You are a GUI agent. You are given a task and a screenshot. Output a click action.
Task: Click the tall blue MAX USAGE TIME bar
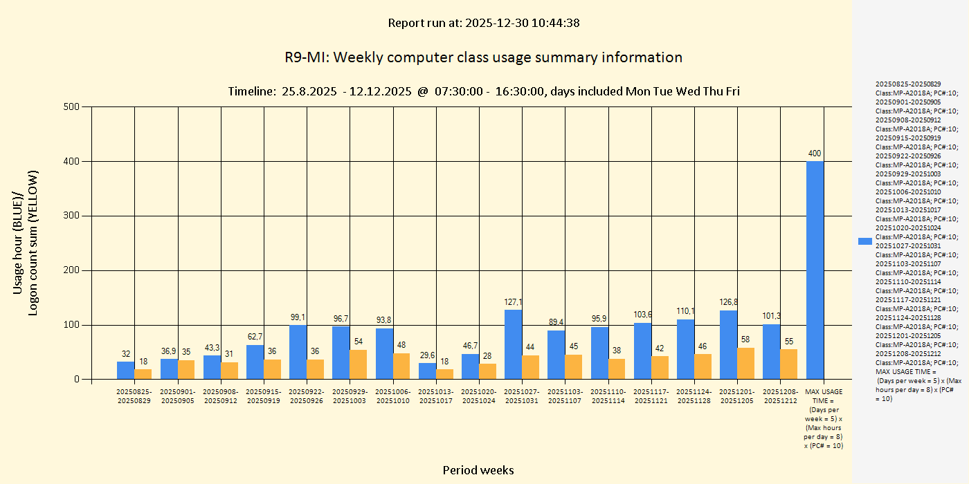(x=815, y=270)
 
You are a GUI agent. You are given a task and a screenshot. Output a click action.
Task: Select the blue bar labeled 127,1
(x=513, y=344)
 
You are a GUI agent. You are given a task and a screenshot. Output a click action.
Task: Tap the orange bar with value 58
(x=746, y=364)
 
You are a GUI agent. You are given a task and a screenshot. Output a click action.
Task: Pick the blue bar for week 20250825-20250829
(x=125, y=371)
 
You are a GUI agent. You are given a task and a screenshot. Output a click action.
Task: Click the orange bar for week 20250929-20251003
(x=358, y=364)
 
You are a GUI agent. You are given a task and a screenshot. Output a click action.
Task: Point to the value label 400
(x=815, y=153)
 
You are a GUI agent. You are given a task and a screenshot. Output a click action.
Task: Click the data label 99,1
(x=298, y=317)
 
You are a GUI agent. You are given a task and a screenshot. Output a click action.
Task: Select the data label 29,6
(x=428, y=355)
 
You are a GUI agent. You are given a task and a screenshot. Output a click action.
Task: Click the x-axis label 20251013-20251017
(x=436, y=396)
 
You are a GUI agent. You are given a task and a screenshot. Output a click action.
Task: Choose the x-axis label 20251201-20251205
(x=737, y=396)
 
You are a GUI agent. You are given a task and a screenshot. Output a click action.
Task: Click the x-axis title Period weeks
(x=478, y=470)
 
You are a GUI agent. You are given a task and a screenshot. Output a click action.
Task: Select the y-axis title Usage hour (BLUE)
(x=19, y=242)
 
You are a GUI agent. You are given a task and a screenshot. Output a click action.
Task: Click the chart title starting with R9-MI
(x=483, y=57)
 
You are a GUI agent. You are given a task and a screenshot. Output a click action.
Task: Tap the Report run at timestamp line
(x=483, y=23)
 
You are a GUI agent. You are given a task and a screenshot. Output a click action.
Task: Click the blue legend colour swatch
(x=864, y=241)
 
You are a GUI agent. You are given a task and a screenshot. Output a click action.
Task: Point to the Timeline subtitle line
(x=483, y=91)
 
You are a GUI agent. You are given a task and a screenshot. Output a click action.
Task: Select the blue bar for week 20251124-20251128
(x=685, y=349)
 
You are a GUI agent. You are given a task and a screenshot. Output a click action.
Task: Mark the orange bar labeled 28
(x=487, y=371)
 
